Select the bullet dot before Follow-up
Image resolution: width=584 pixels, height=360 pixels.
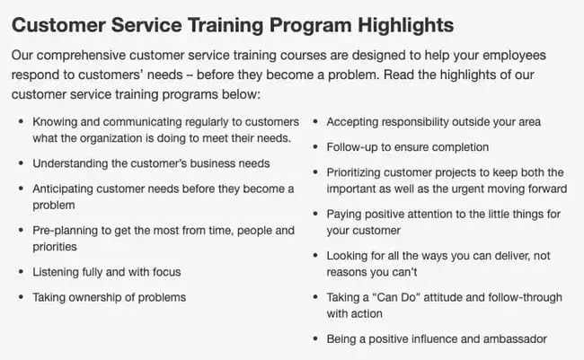click(314, 147)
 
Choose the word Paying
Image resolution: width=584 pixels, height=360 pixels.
click(344, 214)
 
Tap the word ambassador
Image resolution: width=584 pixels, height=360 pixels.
click(512, 338)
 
